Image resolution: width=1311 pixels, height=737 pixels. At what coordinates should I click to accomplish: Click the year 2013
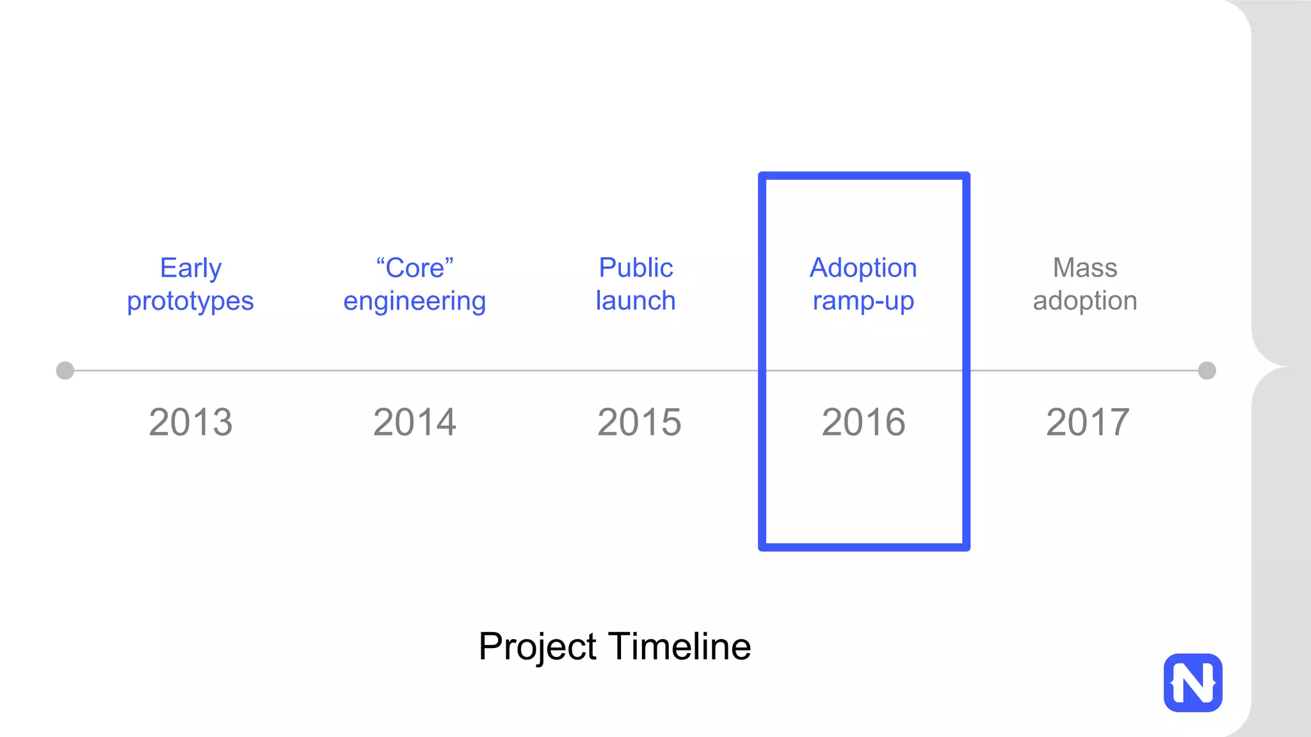[x=191, y=422]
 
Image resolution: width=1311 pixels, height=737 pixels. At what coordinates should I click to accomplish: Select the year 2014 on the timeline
[x=415, y=422]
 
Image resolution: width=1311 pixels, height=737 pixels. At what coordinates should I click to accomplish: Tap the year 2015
[x=639, y=422]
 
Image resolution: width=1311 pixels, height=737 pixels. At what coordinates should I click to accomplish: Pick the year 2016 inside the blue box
[x=864, y=422]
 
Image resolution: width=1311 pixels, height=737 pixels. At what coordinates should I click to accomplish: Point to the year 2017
[x=1088, y=422]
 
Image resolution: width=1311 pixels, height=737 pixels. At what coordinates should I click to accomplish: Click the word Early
[x=191, y=268]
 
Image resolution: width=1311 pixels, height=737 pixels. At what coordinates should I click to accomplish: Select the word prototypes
[x=190, y=301]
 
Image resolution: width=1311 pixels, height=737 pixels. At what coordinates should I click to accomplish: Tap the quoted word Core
[x=415, y=268]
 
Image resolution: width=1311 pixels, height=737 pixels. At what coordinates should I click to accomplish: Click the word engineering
[x=415, y=301]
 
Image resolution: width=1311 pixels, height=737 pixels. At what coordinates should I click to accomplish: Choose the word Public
[x=636, y=267]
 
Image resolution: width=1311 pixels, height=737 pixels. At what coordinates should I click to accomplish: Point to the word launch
[x=636, y=301]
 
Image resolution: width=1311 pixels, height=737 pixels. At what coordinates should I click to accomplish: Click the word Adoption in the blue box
[x=863, y=267]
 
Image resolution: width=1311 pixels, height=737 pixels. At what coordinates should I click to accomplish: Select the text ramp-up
[x=863, y=301]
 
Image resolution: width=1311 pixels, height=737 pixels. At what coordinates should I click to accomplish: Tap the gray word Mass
[x=1085, y=267]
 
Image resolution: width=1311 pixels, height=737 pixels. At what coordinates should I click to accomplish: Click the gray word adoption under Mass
[x=1085, y=301]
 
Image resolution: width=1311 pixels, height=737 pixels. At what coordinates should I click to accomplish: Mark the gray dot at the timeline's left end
[x=65, y=370]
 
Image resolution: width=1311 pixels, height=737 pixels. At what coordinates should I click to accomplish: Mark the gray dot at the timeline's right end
[x=1207, y=370]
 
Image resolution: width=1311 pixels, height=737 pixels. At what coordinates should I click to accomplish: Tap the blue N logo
[x=1193, y=683]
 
